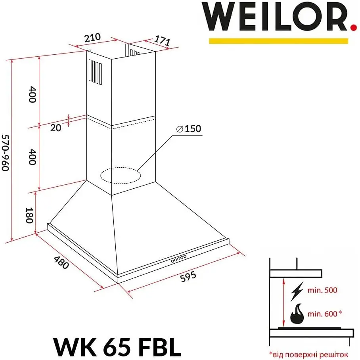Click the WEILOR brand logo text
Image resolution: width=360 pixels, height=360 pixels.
(x=276, y=17)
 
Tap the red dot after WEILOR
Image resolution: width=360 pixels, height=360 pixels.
(x=354, y=27)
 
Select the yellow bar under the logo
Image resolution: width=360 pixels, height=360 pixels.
(x=278, y=41)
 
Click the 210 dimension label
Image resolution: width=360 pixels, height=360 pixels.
(x=92, y=38)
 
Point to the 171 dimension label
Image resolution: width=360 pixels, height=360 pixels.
(x=162, y=40)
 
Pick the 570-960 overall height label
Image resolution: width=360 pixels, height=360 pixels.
(x=6, y=153)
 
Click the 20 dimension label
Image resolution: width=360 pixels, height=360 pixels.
(x=56, y=128)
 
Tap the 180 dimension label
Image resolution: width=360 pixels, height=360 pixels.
(x=29, y=215)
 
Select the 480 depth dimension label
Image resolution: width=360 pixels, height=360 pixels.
(x=61, y=262)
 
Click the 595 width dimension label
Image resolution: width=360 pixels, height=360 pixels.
(x=188, y=276)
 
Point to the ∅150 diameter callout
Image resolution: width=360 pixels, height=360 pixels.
(x=189, y=128)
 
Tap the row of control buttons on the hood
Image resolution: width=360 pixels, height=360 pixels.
(x=179, y=259)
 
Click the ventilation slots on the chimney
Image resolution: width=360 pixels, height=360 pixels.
(x=95, y=72)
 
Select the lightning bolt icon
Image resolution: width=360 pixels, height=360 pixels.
(x=297, y=291)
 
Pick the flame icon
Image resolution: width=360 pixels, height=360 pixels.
(x=297, y=314)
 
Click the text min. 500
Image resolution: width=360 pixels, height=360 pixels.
(x=322, y=290)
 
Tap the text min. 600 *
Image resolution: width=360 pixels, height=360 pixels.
(x=325, y=314)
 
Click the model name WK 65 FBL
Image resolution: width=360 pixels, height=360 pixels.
(x=117, y=347)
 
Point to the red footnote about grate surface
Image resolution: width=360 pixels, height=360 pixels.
(x=308, y=355)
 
